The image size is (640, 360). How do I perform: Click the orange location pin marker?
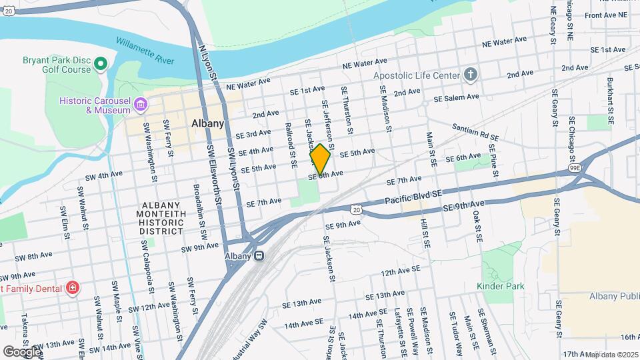click(x=320, y=159)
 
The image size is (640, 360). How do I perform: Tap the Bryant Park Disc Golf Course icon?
click(x=101, y=64)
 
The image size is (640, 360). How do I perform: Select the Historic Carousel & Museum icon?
click(x=141, y=105)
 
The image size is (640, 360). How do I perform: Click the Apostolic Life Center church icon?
click(x=471, y=74)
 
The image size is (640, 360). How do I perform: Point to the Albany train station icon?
click(x=260, y=255)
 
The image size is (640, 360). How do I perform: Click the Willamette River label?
click(x=145, y=51)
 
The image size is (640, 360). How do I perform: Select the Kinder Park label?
click(x=500, y=286)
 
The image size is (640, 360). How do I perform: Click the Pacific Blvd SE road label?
click(x=414, y=197)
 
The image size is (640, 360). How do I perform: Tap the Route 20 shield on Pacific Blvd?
click(x=357, y=209)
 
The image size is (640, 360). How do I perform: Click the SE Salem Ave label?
click(x=456, y=97)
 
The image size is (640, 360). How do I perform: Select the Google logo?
click(x=22, y=351)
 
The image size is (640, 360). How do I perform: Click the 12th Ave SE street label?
click(x=400, y=270)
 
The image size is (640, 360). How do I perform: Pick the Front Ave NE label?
click(x=605, y=15)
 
